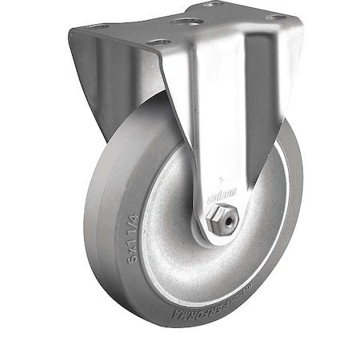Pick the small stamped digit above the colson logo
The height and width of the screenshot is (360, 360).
coord(219,181)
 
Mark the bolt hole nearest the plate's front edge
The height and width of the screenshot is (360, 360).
coord(158,40)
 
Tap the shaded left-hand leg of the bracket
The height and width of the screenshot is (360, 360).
coord(120,88)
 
